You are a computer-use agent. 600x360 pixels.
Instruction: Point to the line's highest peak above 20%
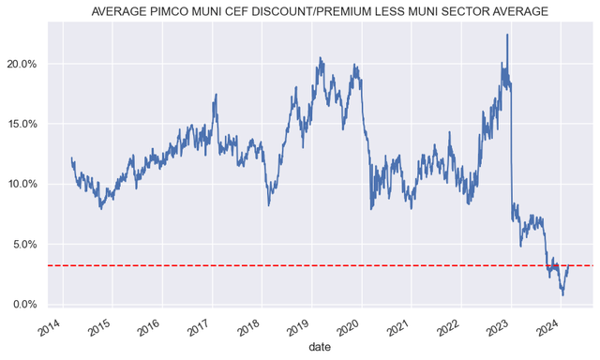pos(507,35)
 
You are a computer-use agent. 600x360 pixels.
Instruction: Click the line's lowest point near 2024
pos(562,295)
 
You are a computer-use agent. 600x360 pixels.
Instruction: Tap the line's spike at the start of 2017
pos(217,94)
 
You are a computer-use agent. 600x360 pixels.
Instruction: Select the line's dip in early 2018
pos(269,204)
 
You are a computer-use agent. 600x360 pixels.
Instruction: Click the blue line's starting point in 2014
pos(72,158)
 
